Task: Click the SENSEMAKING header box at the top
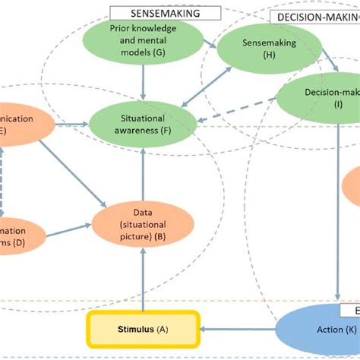tap(166, 12)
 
